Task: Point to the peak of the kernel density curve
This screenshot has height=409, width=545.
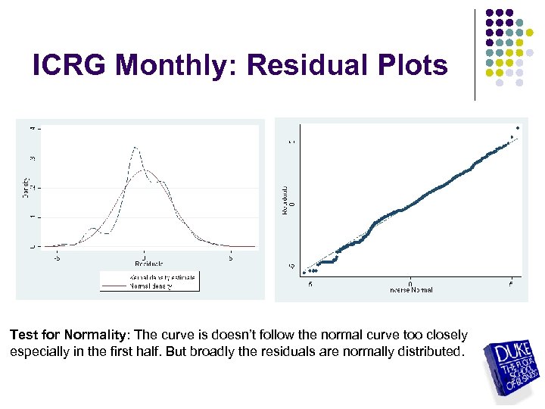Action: click(135, 147)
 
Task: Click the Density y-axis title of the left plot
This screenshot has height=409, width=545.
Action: click(24, 187)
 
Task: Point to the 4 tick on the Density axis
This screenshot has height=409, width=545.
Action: click(32, 128)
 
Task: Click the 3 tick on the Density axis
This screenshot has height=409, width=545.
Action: click(32, 158)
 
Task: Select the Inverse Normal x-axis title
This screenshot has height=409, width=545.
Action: click(410, 291)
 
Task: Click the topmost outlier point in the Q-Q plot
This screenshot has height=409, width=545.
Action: click(518, 127)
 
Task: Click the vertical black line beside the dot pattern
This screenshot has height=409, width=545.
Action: click(475, 55)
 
